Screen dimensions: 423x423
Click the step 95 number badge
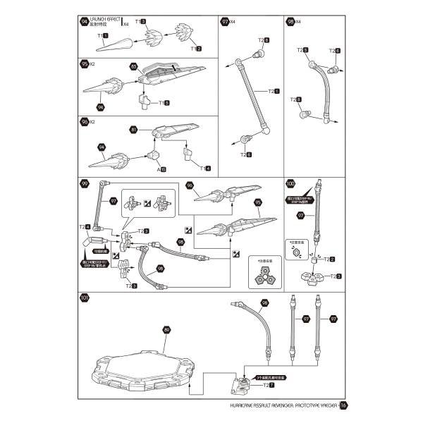pyautogui.click(x=85, y=63)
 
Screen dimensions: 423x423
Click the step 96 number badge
pyautogui.click(x=85, y=121)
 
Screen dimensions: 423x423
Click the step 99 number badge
pyautogui.click(x=85, y=185)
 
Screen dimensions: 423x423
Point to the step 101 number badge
pyautogui.click(x=85, y=298)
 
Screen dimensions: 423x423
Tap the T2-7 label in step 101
pyautogui.click(x=269, y=385)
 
